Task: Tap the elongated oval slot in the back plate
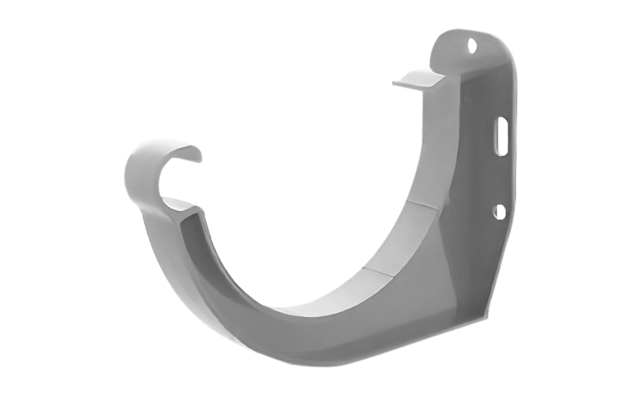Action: coord(501,136)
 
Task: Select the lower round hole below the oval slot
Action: coord(499,211)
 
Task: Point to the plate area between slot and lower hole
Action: coord(501,176)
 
